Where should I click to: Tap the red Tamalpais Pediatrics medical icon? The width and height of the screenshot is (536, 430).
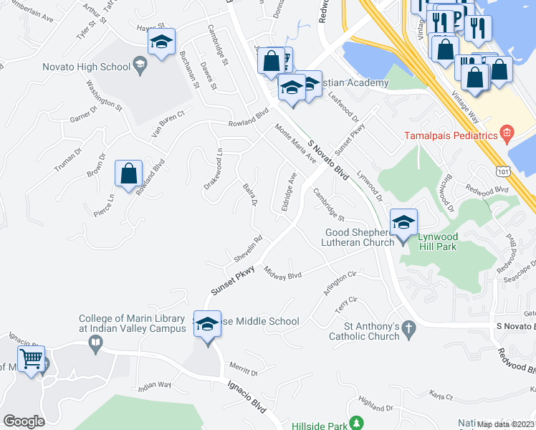coord(507,133)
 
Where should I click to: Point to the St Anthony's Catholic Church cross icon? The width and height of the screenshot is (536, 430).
coord(408,329)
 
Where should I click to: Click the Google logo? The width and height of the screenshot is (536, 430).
coord(24,421)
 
